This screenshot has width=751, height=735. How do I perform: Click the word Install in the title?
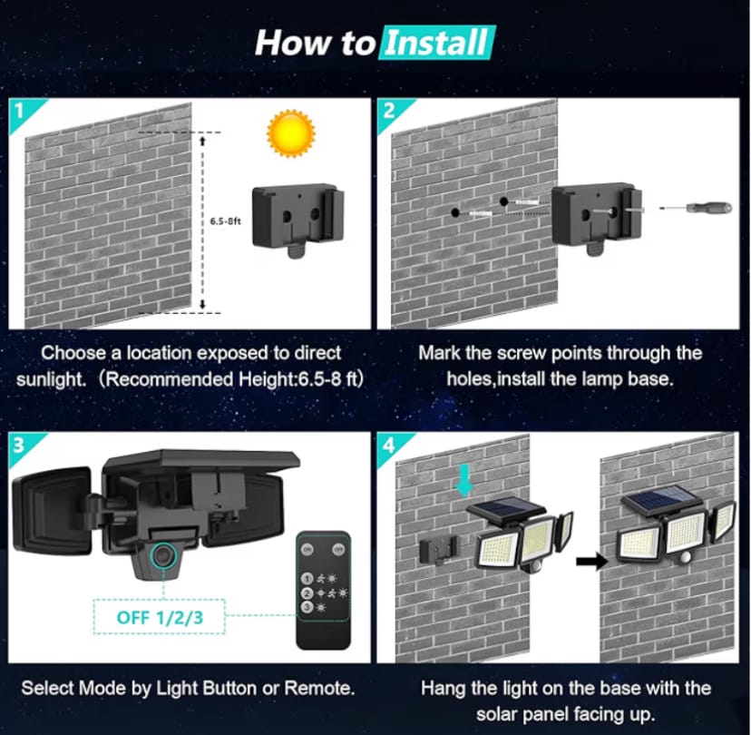coord(437,42)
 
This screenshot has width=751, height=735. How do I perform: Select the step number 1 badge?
coord(20,109)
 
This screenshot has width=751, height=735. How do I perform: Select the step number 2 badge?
coord(389,109)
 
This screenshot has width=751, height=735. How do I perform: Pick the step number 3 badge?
coord(20,445)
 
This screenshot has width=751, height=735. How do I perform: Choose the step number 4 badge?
coord(389,445)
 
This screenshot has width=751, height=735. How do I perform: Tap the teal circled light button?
coord(164,553)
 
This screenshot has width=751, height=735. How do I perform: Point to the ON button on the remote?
coord(307,548)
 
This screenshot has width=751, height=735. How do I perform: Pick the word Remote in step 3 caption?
coord(317,688)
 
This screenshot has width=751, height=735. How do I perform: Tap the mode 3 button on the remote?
coord(308,606)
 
